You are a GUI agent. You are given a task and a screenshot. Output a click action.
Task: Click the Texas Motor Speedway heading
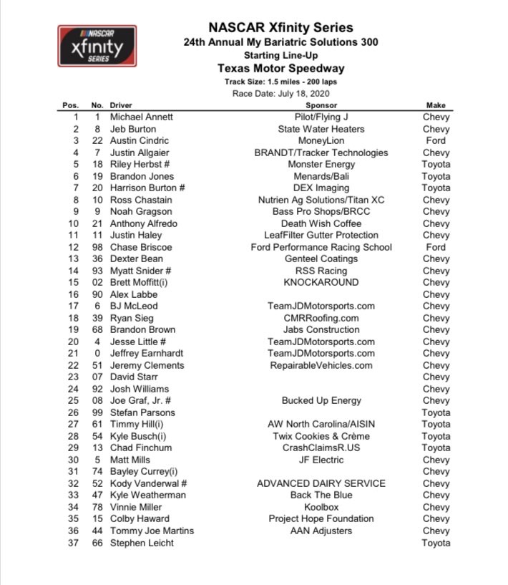280,69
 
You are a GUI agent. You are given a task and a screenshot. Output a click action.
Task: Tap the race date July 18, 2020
280,94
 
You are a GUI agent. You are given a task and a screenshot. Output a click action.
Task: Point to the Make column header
436,105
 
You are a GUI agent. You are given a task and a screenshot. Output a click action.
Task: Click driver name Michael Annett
142,117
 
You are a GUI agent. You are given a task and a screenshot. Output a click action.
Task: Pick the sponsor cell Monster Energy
321,165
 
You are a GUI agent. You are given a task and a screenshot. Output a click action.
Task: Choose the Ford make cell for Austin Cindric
436,141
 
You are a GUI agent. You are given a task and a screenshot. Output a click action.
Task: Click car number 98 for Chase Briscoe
97,247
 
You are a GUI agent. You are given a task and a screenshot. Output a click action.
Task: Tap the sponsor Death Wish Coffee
321,223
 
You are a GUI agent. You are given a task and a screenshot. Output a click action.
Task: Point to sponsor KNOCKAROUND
321,283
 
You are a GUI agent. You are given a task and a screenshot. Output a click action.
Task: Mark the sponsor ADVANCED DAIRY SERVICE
321,483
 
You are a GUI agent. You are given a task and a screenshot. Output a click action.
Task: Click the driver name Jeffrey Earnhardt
146,354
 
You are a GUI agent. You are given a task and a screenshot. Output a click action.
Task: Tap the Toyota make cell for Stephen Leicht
436,543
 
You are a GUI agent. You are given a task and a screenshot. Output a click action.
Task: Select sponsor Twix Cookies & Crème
321,436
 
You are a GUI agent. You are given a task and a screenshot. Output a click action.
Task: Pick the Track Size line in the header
280,82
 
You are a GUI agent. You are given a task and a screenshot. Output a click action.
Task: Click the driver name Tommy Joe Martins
152,531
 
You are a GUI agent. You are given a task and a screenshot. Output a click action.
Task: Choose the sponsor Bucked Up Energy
321,401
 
